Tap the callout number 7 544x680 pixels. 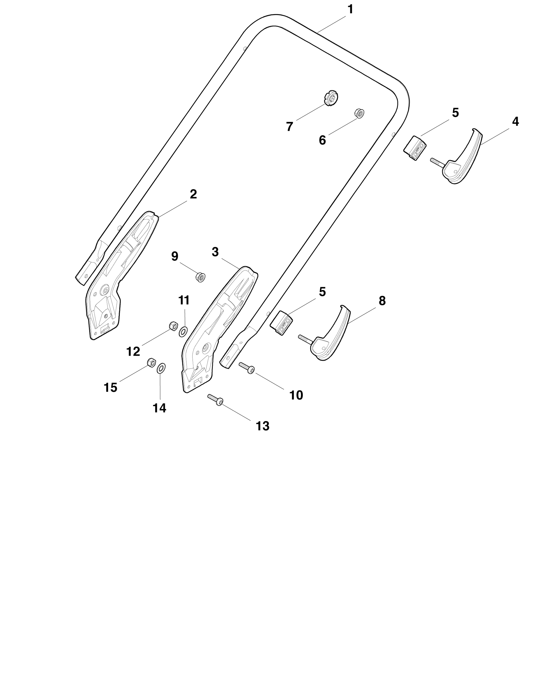pos(289,127)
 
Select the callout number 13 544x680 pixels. pos(262,426)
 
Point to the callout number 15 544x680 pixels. pos(110,388)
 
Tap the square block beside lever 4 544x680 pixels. pos(415,148)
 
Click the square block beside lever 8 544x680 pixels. pos(282,323)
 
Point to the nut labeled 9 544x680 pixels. pos(200,277)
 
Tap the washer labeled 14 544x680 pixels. pos(161,368)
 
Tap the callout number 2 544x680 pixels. pos(193,194)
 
